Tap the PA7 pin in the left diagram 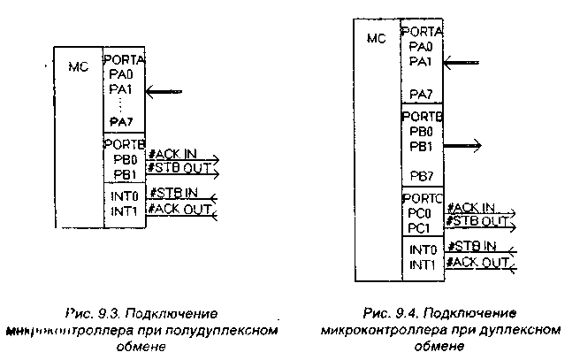pyautogui.click(x=120, y=120)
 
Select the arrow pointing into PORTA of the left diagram pyautogui.click(x=165, y=90)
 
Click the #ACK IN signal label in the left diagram pyautogui.click(x=173, y=154)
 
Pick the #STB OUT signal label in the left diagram pyautogui.click(x=178, y=169)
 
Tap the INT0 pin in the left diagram pyautogui.click(x=123, y=195)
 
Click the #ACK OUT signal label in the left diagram pyautogui.click(x=179, y=209)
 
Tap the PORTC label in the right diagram pyautogui.click(x=422, y=200)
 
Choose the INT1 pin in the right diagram pyautogui.click(x=423, y=264)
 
